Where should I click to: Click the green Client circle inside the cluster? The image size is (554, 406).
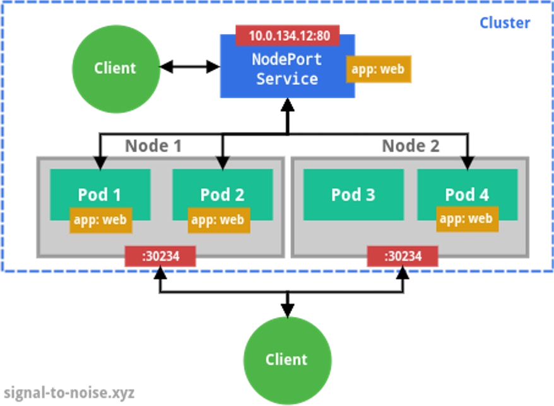pyautogui.click(x=115, y=68)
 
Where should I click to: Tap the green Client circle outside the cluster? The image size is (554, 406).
pyautogui.click(x=287, y=359)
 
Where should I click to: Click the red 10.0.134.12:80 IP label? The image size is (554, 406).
pyautogui.click(x=288, y=35)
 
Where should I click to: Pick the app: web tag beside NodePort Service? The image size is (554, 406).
pyautogui.click(x=379, y=69)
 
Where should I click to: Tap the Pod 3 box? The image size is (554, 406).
pyautogui.click(x=353, y=194)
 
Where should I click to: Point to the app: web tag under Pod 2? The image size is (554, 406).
pyautogui.click(x=217, y=220)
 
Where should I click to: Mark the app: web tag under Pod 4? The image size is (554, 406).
pyautogui.click(x=466, y=219)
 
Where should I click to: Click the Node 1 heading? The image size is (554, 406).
pyautogui.click(x=153, y=146)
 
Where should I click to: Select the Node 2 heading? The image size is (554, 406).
pyautogui.click(x=410, y=146)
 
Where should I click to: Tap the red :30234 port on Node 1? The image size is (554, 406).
pyautogui.click(x=160, y=256)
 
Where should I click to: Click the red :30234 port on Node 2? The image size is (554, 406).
pyautogui.click(x=403, y=256)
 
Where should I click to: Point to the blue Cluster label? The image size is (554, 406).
pyautogui.click(x=505, y=23)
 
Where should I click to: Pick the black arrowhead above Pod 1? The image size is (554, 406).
pyautogui.click(x=100, y=164)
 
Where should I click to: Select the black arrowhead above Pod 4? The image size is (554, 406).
pyautogui.click(x=467, y=164)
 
